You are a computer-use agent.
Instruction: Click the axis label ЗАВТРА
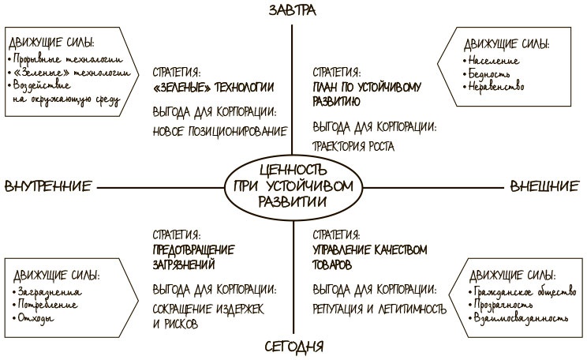coord(293,10)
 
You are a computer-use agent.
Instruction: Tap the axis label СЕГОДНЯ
coord(293,347)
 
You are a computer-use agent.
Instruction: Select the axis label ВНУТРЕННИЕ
coord(48,186)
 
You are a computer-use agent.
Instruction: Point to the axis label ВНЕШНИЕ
coord(544,186)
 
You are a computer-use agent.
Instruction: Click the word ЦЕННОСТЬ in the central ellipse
coord(293,170)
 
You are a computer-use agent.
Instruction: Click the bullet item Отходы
coord(36,318)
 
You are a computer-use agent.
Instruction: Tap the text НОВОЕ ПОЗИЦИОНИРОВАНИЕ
coord(220,132)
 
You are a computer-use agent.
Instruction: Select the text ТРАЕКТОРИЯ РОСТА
coord(353,146)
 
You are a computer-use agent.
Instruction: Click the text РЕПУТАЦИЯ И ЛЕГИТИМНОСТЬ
coord(379,309)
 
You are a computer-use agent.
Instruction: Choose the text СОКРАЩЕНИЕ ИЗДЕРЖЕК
coord(208,309)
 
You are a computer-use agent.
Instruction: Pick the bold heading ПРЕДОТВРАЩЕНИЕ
coord(193,249)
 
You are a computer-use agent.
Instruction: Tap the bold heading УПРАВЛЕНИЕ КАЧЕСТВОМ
coord(369,249)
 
